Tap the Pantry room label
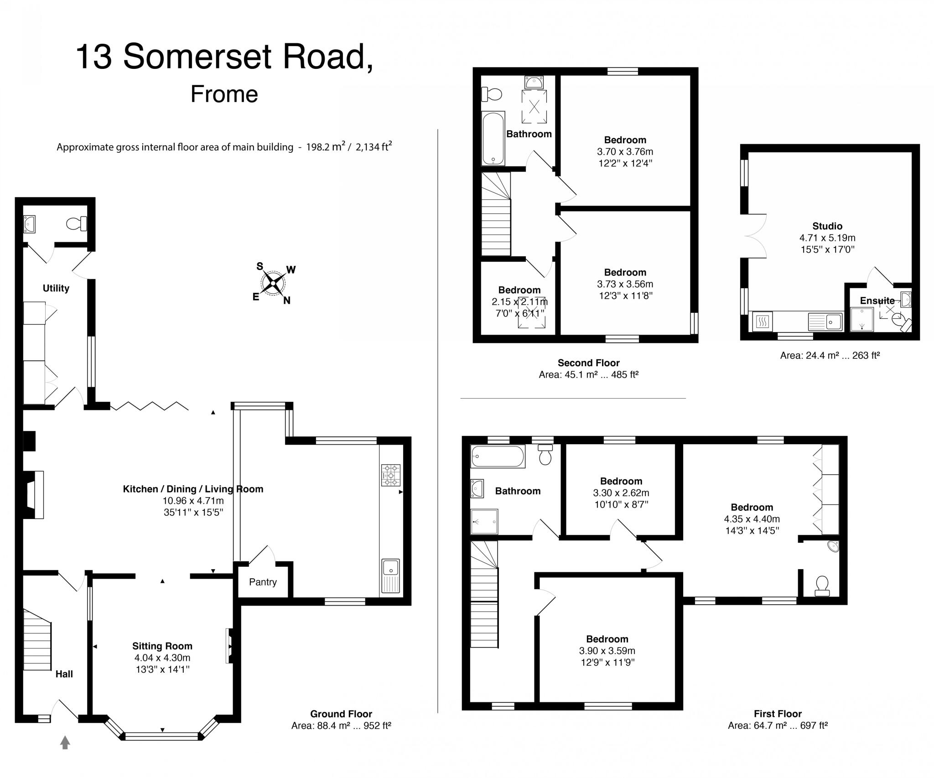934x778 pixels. coord(263,582)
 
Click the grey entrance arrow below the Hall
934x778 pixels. coord(65,742)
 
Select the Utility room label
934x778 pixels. coord(56,288)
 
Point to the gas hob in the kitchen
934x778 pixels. coord(390,475)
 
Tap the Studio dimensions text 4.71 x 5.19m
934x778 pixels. coord(827,238)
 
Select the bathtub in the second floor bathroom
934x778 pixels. coord(493,138)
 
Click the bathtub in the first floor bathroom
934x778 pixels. coord(498,456)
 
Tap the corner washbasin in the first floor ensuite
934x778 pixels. coord(833,546)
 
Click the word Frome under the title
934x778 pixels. coord(224,94)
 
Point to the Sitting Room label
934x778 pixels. coord(162,646)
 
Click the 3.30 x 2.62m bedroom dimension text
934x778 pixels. coord(621,493)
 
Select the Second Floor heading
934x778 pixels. coord(588,363)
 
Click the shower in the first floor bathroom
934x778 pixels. coord(484,521)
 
